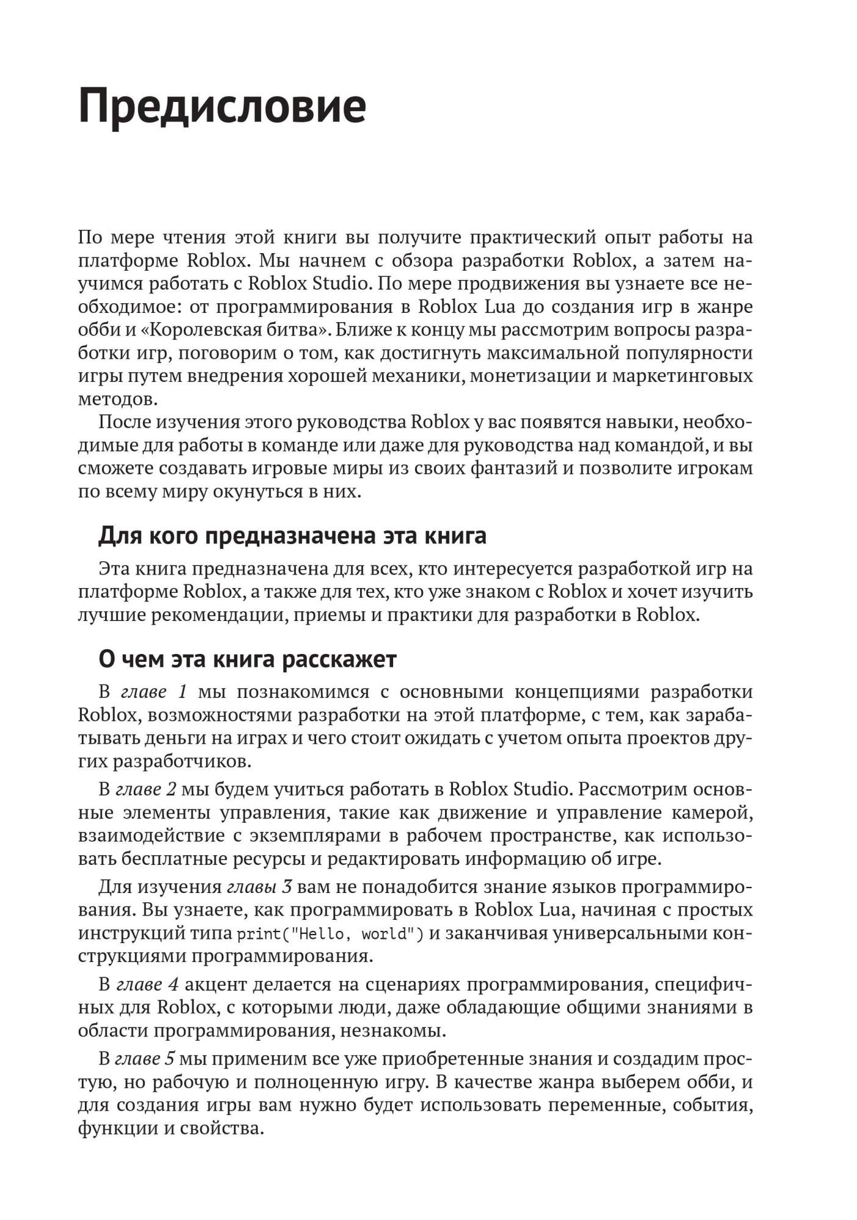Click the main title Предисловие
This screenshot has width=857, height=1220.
pos(222,106)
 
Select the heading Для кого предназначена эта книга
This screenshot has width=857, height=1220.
pos(292,536)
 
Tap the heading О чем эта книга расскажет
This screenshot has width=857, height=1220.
pos(247,659)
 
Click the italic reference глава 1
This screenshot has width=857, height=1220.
pos(154,692)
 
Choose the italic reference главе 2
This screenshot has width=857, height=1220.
pos(146,789)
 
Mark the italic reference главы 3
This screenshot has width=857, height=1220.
pos(259,887)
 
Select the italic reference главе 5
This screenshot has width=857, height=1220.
pos(145,1059)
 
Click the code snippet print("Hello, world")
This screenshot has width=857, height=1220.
pos(330,934)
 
